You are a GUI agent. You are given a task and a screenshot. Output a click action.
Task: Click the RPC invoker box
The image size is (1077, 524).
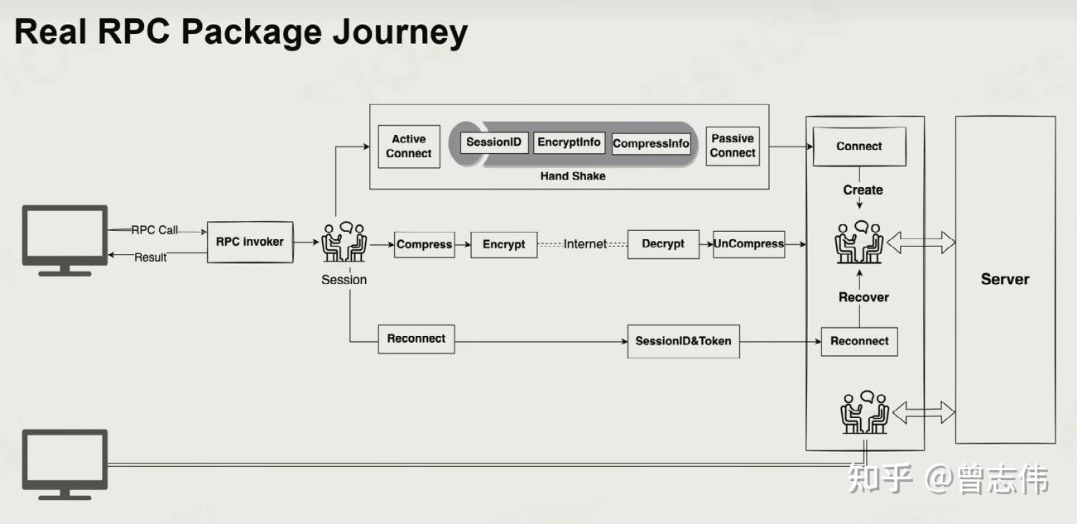(x=250, y=242)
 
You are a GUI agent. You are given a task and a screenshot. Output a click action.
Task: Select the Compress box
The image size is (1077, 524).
(x=424, y=245)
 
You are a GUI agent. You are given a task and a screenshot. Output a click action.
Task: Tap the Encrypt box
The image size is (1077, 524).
(x=504, y=245)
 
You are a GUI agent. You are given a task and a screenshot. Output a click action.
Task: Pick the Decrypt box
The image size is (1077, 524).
(x=663, y=244)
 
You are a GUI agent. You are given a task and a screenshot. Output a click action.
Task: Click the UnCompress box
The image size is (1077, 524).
(x=748, y=244)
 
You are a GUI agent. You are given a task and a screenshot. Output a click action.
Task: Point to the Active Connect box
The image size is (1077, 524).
(x=409, y=147)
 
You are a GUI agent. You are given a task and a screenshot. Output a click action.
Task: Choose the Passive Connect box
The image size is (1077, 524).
(x=733, y=147)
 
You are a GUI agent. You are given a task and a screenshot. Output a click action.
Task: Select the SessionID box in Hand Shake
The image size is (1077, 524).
(x=493, y=142)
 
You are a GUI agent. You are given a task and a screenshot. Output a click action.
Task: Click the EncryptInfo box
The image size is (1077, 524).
(x=569, y=142)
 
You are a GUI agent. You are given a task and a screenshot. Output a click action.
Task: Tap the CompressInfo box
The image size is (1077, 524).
(x=651, y=144)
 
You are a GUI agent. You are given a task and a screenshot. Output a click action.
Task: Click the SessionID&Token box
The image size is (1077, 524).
(x=683, y=341)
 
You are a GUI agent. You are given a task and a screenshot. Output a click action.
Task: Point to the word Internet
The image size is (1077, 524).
(x=585, y=244)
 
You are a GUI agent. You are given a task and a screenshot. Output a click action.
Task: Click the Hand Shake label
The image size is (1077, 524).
(x=573, y=176)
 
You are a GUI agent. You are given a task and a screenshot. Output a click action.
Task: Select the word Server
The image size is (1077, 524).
(x=1005, y=279)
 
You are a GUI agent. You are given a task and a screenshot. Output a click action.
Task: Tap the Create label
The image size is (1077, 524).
(x=863, y=190)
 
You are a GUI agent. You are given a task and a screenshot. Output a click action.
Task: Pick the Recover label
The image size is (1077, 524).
(x=863, y=297)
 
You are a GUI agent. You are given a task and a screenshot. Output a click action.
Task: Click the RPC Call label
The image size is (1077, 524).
(x=154, y=230)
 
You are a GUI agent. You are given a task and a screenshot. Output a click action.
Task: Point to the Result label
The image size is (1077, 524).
(x=150, y=257)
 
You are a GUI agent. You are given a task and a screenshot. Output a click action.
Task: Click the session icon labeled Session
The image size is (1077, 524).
(x=344, y=242)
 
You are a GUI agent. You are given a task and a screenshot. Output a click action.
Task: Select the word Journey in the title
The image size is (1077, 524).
(x=400, y=32)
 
